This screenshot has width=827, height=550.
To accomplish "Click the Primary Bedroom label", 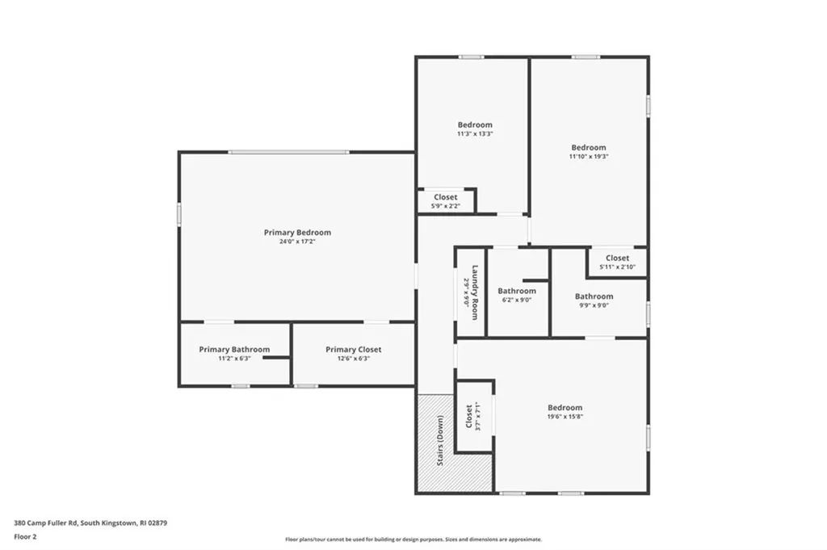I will pos(297,233).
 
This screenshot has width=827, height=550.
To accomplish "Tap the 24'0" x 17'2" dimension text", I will pos(297,241).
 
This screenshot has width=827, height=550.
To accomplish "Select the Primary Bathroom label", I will pos(234,350).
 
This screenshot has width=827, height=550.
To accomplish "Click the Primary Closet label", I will pos(353,350).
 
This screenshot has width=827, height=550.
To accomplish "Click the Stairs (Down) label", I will pos(440,440).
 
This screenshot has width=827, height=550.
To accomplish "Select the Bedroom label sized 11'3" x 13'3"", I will pos(475,125).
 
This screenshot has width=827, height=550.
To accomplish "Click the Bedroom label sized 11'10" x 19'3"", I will pos(589,148).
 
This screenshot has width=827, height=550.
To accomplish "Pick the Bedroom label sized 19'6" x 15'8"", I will pos(565,408).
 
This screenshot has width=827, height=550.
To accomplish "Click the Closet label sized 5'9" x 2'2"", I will pos(445,197).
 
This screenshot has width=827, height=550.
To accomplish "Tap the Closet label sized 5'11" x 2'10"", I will pos(617,258).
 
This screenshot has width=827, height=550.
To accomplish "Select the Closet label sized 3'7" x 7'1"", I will pos(469,416).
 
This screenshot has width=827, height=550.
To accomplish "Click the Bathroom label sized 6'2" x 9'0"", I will pos(516,291).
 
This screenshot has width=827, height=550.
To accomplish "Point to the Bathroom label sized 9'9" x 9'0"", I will pos(594,296).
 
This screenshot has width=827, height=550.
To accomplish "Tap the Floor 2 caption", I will pos(26,535).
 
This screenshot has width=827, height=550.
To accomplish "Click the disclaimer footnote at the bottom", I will pos(413,540).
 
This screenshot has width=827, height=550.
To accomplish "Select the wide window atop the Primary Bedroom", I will pos(288,152).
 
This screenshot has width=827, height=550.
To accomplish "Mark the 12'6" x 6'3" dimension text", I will pos(353,359).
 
